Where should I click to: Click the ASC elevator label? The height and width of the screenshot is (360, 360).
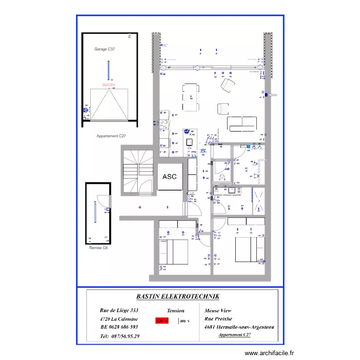tap(169, 177)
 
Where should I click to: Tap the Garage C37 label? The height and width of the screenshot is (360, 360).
tap(105, 49)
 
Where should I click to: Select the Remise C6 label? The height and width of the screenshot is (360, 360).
tap(99, 248)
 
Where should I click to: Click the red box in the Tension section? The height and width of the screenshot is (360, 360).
tap(162, 321)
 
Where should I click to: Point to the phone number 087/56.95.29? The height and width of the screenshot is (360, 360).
tap(120, 336)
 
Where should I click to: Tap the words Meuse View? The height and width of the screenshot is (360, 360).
tap(219, 311)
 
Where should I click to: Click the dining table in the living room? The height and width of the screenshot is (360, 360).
tap(191, 98)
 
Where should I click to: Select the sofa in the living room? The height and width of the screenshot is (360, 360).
tap(241, 124)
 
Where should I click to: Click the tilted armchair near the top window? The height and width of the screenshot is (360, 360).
tap(226, 86)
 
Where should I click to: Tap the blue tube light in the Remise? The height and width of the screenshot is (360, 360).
tap(96, 211)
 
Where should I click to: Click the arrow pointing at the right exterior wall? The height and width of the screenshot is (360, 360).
tap(273, 95)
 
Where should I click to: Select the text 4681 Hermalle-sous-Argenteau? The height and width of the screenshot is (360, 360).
tap(239, 327)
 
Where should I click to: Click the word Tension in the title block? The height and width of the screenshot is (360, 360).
tap(176, 311)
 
